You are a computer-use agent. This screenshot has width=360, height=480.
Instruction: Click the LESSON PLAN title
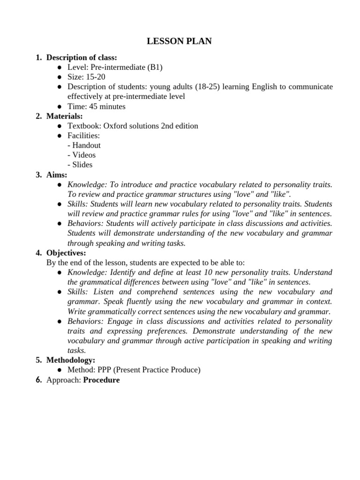pos(180,42)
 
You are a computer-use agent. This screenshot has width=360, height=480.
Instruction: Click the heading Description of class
pos(82,58)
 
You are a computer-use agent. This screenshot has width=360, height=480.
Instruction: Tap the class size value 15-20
pos(94,77)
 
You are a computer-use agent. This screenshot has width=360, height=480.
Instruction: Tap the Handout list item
pos(84,145)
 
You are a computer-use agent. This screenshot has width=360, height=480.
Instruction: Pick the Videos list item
pos(82,155)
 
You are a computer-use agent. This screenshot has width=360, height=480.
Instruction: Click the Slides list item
pos(80,165)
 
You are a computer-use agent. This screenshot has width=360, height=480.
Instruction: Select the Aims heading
pos(57,174)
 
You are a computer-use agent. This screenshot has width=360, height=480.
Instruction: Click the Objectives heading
pos(66,253)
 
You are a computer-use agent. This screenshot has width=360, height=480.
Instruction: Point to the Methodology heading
pos(71,360)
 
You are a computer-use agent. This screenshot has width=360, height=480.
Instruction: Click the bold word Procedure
pos(101,380)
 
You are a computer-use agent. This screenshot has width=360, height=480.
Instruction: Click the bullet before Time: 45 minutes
pos(60,106)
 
